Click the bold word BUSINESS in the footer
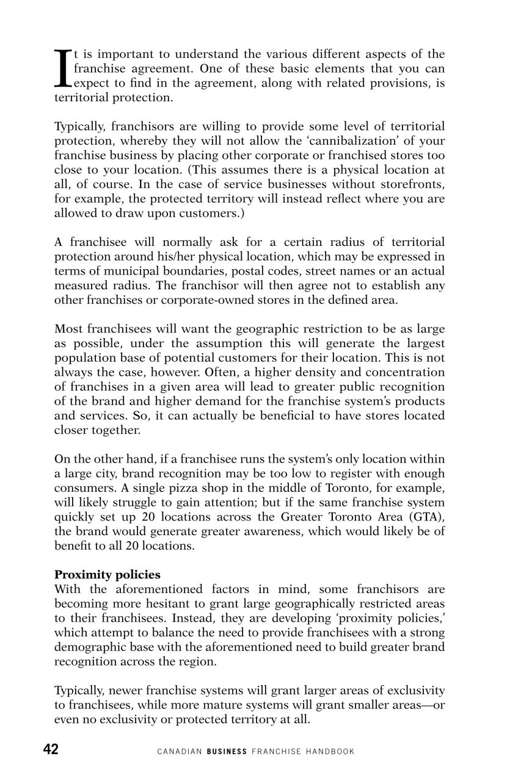pos(227,751)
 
